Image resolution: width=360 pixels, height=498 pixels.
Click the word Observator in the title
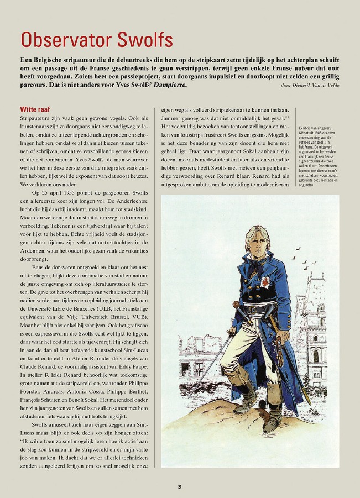click(66, 40)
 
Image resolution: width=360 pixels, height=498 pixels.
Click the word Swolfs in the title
click(145, 40)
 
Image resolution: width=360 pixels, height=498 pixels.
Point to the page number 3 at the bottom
click(180, 486)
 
